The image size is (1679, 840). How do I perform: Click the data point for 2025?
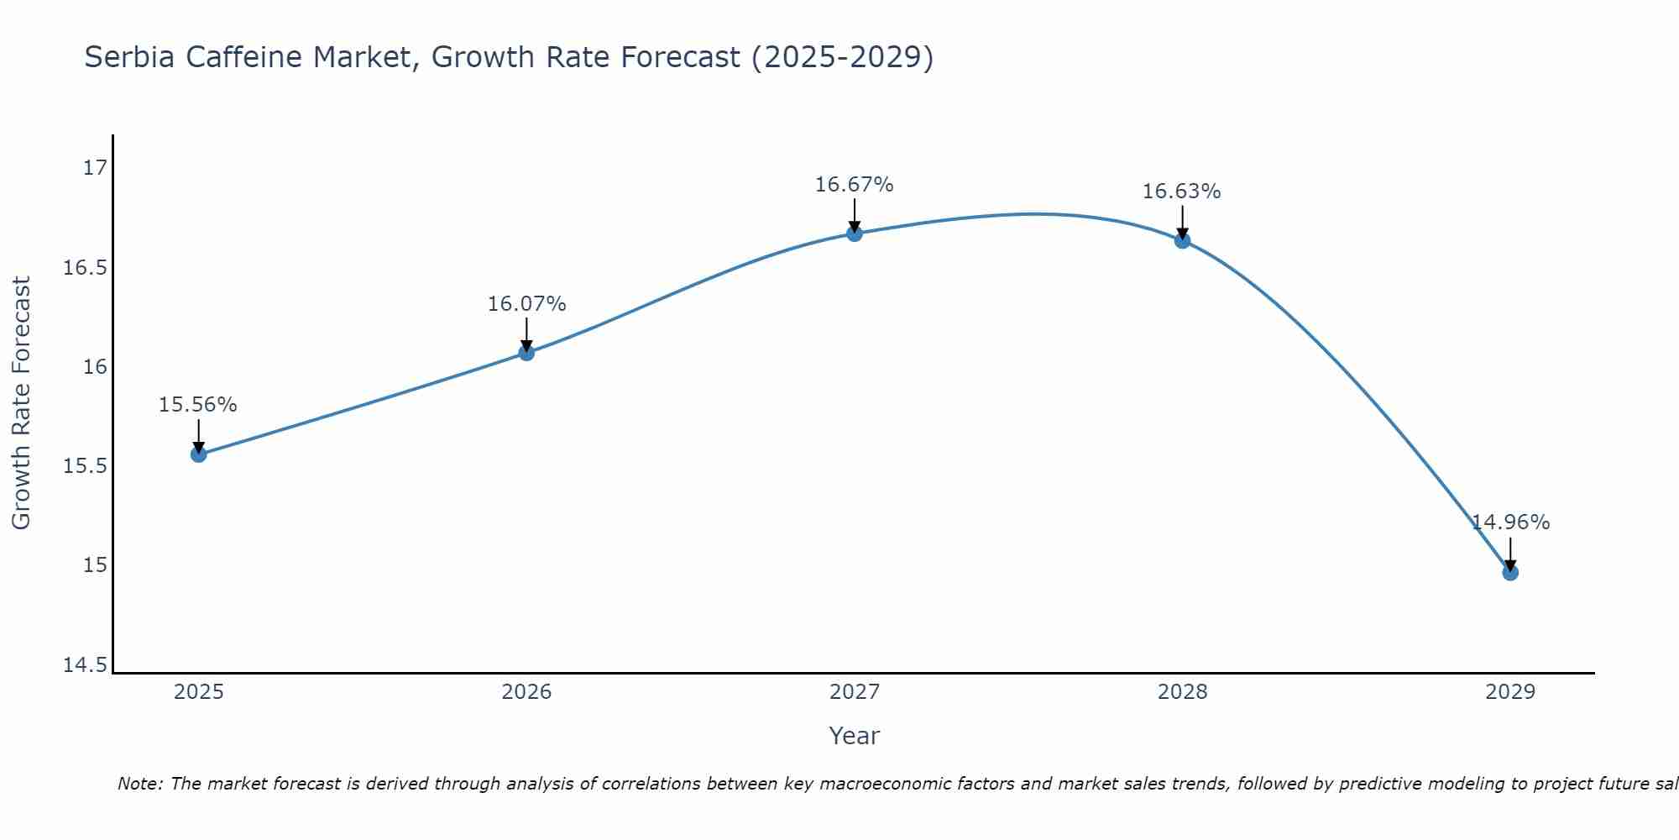(198, 454)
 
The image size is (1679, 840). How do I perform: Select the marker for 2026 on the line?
(526, 353)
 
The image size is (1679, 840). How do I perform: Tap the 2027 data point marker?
(855, 234)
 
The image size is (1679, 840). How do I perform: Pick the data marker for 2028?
(1182, 241)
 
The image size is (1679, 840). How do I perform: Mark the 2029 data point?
(1510, 573)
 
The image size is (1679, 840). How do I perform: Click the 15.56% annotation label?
(198, 405)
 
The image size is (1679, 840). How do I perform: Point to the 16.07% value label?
(526, 304)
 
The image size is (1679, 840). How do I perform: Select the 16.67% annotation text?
(855, 185)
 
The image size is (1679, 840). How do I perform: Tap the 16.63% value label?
(1182, 192)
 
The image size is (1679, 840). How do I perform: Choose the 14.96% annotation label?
(1510, 522)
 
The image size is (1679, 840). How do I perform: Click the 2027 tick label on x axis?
(855, 692)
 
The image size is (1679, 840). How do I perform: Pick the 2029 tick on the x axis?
(1510, 692)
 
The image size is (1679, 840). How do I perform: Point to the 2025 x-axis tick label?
(198, 692)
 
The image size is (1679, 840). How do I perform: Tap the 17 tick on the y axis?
(96, 168)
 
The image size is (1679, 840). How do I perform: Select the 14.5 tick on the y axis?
(86, 665)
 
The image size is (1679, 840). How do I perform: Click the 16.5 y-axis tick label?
(86, 268)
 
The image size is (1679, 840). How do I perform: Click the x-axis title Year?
(855, 736)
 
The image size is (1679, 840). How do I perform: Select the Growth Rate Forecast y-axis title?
(22, 403)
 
